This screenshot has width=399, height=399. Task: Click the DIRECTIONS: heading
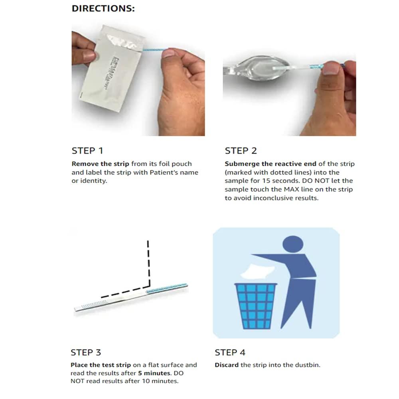coord(103,9)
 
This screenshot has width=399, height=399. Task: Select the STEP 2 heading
coord(241,151)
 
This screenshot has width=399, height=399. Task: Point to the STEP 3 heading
coord(86,352)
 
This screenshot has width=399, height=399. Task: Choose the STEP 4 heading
coord(230,352)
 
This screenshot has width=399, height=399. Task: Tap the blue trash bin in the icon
coord(255,305)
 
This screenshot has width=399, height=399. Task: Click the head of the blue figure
coord(293,244)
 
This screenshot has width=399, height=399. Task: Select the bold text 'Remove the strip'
coord(100,164)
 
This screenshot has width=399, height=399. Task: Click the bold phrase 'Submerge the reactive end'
coord(270,164)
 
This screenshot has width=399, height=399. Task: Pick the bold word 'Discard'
coord(227,365)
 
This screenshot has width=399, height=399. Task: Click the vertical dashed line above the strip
coord(148,261)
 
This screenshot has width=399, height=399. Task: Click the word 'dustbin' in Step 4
coord(307,365)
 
